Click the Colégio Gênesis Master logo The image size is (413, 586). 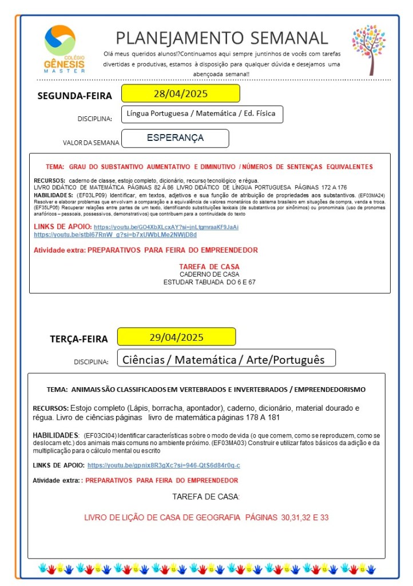click(64, 49)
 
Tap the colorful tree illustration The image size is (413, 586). click(369, 49)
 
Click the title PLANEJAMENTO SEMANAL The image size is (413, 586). click(222, 38)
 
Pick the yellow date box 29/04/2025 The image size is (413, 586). click(176, 337)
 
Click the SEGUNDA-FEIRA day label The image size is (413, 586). click(75, 96)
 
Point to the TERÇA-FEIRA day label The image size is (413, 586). click(78, 339)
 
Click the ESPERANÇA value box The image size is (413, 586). click(175, 138)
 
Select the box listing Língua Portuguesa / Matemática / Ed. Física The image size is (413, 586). click(202, 114)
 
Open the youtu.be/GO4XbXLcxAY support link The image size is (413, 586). click(166, 227)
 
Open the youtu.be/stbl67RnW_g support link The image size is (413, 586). click(115, 235)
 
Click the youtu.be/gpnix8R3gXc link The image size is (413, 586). click(164, 465)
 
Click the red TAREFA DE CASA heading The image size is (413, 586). click(209, 267)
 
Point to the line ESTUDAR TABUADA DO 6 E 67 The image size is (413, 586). click(209, 282)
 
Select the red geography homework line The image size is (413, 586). click(206, 517)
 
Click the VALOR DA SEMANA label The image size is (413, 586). click(92, 143)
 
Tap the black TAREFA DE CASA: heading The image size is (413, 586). click(206, 496)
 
